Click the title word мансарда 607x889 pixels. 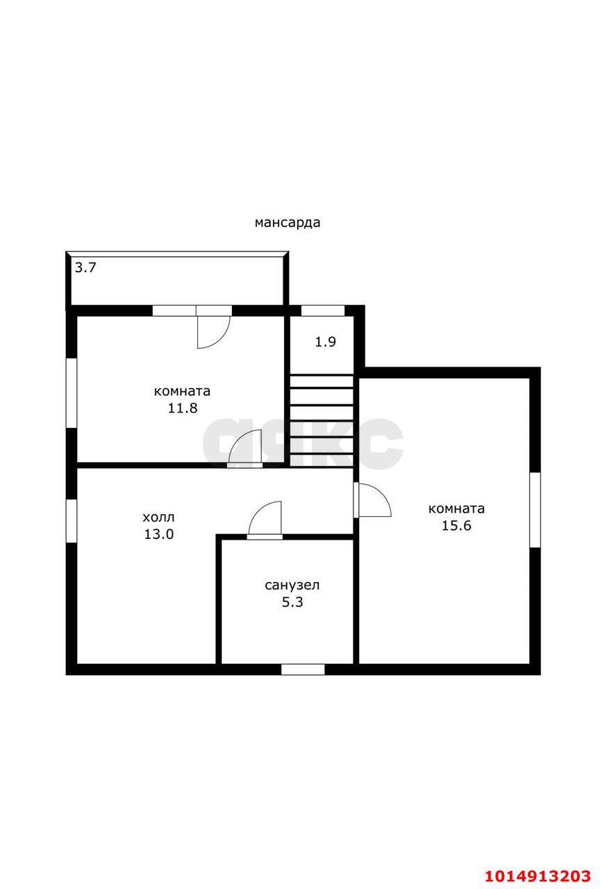(x=288, y=223)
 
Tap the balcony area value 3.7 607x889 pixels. (x=85, y=268)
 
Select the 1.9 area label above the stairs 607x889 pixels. (x=325, y=342)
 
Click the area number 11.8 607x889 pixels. (x=182, y=408)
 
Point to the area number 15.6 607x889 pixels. (x=456, y=526)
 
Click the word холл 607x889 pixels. (x=158, y=517)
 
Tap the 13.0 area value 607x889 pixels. (x=158, y=534)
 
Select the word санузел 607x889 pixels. (x=292, y=585)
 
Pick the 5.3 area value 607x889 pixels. (x=292, y=602)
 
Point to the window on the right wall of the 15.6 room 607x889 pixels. (x=535, y=510)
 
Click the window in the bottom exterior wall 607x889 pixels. (x=303, y=670)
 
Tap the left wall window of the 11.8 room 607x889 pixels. (x=72, y=393)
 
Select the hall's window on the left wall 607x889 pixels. (x=72, y=521)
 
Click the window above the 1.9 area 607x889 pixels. (x=322, y=310)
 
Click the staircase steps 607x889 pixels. (x=322, y=421)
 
